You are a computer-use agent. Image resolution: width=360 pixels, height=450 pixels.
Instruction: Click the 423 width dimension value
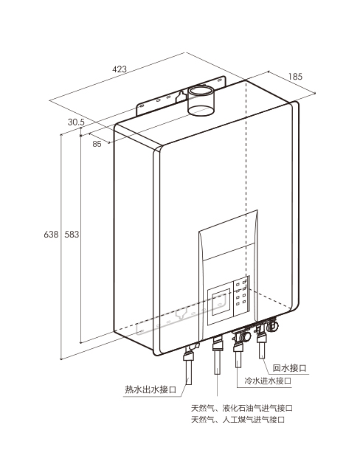[x=119, y=69]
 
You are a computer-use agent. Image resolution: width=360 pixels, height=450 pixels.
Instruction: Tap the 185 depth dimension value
[x=295, y=76]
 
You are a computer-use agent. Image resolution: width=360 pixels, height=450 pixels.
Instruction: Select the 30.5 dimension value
[x=76, y=122]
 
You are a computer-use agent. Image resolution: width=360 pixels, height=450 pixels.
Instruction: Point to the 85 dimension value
[x=97, y=144]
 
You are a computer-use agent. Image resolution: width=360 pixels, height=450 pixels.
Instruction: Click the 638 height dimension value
[x=51, y=235]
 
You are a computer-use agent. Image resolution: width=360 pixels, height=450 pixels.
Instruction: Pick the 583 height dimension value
[x=72, y=235]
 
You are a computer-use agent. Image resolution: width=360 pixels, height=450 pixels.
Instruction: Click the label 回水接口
[x=289, y=368]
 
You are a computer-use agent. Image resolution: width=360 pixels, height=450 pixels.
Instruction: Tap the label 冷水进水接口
[x=268, y=381]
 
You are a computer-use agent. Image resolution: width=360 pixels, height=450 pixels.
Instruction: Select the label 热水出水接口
[x=150, y=390]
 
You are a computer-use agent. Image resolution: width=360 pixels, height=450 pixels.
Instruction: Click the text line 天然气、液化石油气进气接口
[x=242, y=408]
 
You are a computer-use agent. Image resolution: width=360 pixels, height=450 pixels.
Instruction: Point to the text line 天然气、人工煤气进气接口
[x=238, y=420]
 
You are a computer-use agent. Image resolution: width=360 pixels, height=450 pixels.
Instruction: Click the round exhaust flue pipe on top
[x=201, y=100]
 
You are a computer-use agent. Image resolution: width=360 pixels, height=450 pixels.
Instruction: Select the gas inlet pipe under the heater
[x=218, y=356]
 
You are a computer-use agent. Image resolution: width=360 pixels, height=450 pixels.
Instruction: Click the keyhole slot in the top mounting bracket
[x=181, y=96]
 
